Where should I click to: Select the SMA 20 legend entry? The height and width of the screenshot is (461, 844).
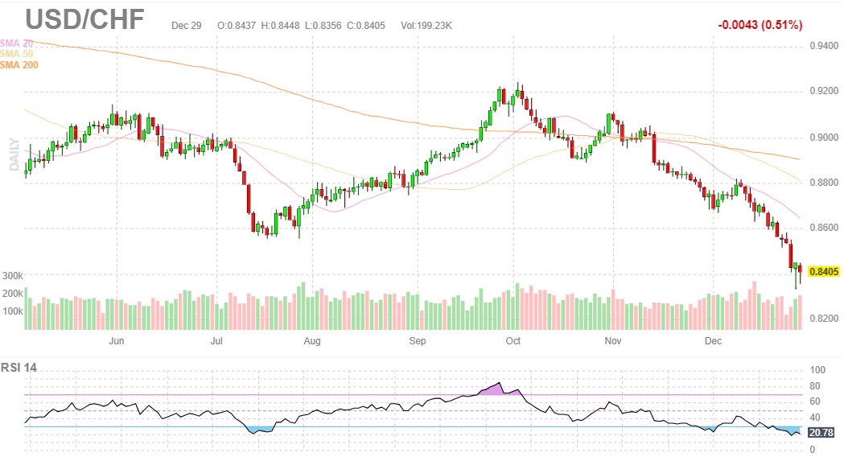(x=17, y=42)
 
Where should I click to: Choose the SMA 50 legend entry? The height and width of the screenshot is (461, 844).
(x=17, y=53)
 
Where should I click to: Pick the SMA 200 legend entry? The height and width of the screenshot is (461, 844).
(x=19, y=64)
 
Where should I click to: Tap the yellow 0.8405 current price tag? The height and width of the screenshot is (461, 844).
(x=824, y=272)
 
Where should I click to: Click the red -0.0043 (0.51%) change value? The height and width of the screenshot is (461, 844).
(x=760, y=25)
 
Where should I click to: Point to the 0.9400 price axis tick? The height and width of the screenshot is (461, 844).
(x=824, y=47)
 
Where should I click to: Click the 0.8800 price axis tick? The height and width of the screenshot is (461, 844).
(x=824, y=183)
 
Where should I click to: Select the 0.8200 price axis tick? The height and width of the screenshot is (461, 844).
(x=824, y=319)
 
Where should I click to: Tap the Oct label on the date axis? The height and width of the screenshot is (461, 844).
(x=513, y=341)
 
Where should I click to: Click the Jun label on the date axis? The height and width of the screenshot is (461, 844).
(x=116, y=341)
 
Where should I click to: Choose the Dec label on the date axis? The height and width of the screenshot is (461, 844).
(x=714, y=341)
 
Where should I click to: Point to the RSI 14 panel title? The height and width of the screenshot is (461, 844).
(x=19, y=368)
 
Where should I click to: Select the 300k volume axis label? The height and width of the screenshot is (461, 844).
(x=12, y=275)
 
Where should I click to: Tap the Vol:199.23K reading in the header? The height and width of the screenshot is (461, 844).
(x=426, y=26)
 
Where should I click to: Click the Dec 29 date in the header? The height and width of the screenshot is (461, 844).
(x=186, y=26)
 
